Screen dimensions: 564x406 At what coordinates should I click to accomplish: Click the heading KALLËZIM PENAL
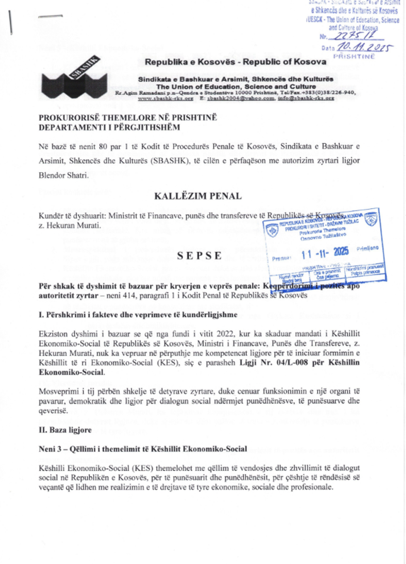tap(198, 196)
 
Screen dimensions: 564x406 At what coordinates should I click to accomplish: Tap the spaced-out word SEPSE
tap(199, 256)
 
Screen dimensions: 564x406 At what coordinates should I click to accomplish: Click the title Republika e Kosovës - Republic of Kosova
tap(235, 62)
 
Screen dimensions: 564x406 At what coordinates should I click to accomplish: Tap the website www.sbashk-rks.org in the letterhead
tap(166, 98)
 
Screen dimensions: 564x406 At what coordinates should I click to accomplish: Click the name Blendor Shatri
tap(64, 175)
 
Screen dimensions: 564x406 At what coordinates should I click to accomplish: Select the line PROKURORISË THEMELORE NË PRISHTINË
tap(128, 117)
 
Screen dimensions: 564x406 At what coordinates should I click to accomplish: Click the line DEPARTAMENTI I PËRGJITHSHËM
tap(109, 127)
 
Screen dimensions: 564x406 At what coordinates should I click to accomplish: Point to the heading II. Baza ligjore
tap(65, 430)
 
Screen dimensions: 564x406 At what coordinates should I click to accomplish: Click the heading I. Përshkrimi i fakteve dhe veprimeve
tap(138, 315)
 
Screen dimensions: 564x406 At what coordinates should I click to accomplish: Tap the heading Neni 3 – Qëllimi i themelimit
tap(143, 449)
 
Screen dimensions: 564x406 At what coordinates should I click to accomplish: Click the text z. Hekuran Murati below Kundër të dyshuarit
tap(70, 225)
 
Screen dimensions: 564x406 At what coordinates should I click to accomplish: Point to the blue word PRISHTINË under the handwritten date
tap(354, 56)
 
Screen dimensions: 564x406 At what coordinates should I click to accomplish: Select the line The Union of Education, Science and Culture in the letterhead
tap(236, 86)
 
